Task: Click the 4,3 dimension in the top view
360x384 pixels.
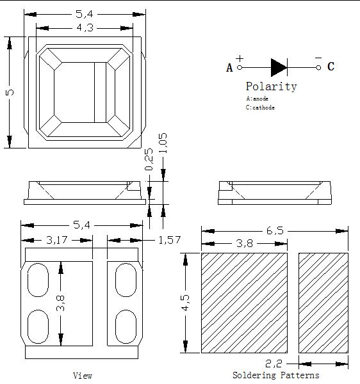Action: tap(85, 28)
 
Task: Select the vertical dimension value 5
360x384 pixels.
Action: tap(10, 92)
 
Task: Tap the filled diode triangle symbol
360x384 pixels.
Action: tap(279, 67)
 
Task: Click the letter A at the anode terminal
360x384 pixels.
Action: tap(229, 68)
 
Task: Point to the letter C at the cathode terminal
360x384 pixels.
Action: tap(331, 67)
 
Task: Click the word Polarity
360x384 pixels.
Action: tap(272, 86)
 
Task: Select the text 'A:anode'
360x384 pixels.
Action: tap(257, 99)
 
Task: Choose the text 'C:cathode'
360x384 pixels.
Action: tap(260, 108)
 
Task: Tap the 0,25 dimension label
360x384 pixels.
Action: tap(149, 159)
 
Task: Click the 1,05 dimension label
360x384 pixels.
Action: tap(163, 143)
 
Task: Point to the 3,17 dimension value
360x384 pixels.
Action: tap(56, 240)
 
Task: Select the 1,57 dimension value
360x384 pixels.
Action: tap(170, 240)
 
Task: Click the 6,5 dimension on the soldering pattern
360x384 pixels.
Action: tap(275, 230)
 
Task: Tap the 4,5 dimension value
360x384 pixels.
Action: tap(186, 303)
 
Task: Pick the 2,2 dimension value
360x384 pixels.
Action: tap(274, 364)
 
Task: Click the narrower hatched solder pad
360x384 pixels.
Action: tap(323, 303)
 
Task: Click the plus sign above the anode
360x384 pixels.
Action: tap(240, 58)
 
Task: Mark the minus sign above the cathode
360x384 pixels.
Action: tap(318, 58)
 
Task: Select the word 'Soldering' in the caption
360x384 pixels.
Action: tap(254, 375)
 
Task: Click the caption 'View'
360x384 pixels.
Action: tap(83, 376)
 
